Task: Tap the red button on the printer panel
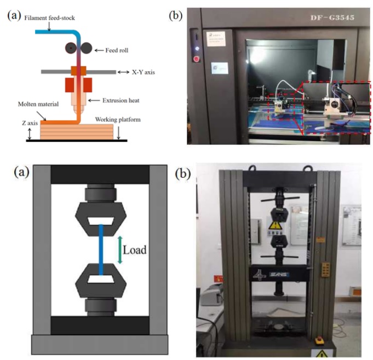coord(196,56)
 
